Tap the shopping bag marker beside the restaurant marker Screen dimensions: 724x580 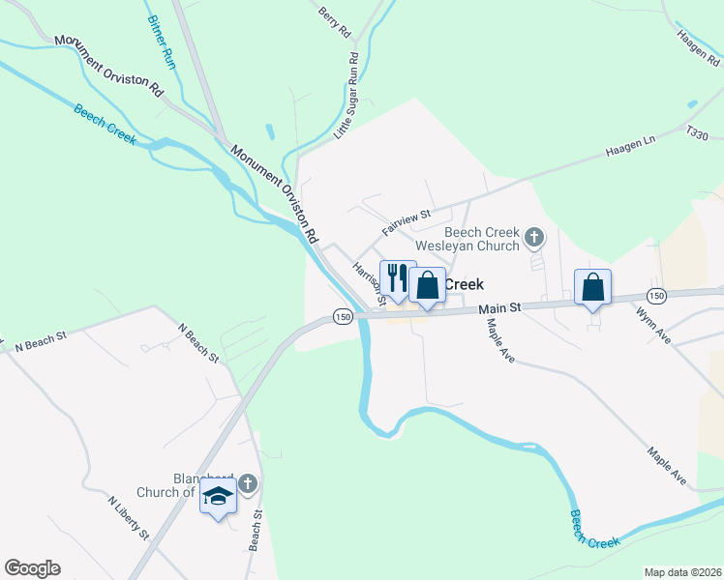[x=427, y=285]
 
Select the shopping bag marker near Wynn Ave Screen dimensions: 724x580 [x=593, y=287]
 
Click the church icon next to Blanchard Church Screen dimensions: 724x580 [x=248, y=482]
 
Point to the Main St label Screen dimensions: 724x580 [x=500, y=306]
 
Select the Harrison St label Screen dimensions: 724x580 [x=369, y=282]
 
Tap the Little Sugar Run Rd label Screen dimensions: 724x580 [x=347, y=98]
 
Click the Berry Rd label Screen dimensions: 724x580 [x=334, y=21]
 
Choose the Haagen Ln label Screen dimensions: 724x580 [x=630, y=148]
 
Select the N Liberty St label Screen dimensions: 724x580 [x=128, y=518]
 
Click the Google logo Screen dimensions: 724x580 [x=32, y=568]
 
